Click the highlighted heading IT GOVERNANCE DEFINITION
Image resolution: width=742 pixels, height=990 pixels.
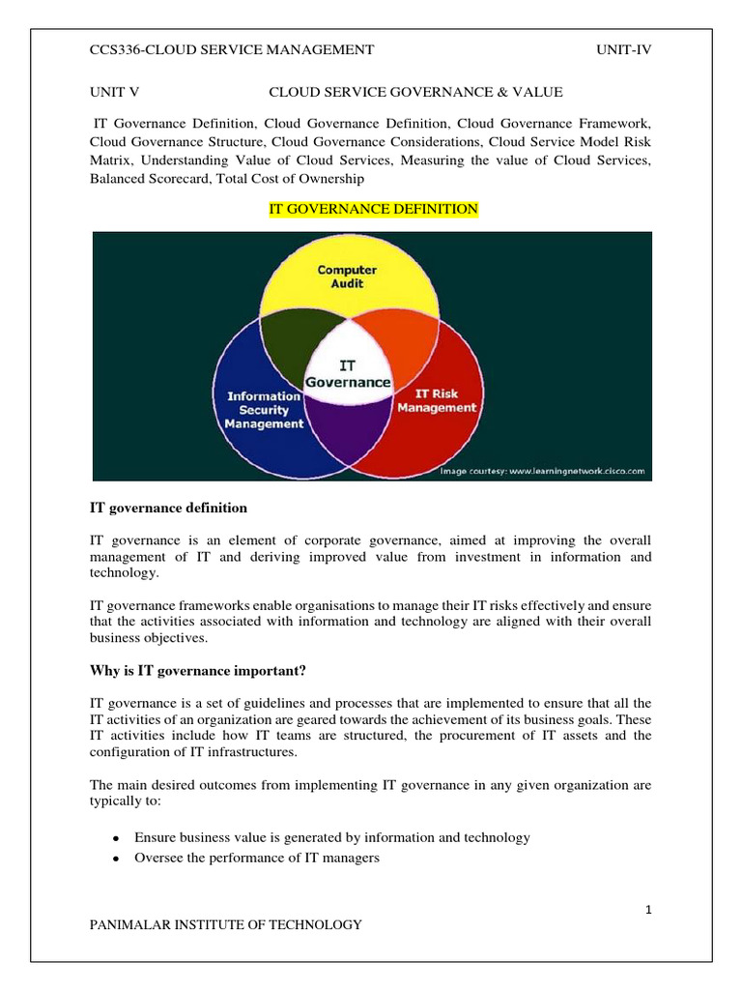tap(372, 210)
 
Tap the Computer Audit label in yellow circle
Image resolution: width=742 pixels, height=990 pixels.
tap(347, 277)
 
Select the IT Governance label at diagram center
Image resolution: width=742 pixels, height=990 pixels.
tap(348, 374)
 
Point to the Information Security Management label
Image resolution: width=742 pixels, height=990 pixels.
tap(265, 410)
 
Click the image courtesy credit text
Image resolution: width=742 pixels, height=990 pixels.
tap(542, 471)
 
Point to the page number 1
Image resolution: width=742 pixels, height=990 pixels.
tap(648, 909)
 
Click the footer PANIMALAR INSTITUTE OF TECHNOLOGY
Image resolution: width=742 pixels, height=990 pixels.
tap(225, 925)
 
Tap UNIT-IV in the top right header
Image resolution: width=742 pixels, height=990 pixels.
tap(624, 50)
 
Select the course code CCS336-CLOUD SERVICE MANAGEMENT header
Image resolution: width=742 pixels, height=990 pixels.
tap(231, 50)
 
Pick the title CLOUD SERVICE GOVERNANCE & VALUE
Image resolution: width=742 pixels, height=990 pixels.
tap(415, 92)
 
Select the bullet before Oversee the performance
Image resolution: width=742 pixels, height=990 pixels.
tap(116, 859)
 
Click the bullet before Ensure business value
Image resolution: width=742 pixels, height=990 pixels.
tap(116, 838)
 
